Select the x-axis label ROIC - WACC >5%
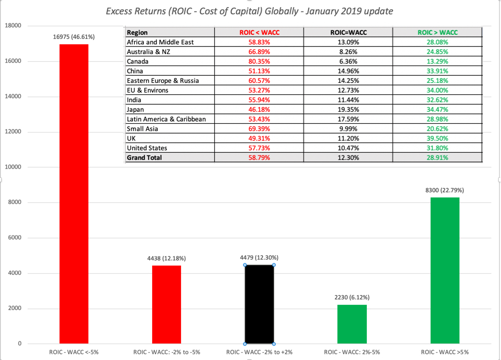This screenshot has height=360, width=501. pyautogui.click(x=444, y=352)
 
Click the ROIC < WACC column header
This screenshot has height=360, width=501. pyautogui.click(x=259, y=33)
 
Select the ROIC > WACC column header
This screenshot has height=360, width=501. pyautogui.click(x=437, y=33)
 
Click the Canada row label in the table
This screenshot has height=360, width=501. pyautogui.click(x=137, y=61)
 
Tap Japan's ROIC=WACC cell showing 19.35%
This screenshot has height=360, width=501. pyautogui.click(x=348, y=109)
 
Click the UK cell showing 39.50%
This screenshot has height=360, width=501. pyautogui.click(x=437, y=138)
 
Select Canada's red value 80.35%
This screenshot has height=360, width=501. pyautogui.click(x=259, y=61)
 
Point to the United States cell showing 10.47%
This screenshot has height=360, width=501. pyautogui.click(x=348, y=148)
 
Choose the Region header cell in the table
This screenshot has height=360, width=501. pyautogui.click(x=137, y=33)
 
